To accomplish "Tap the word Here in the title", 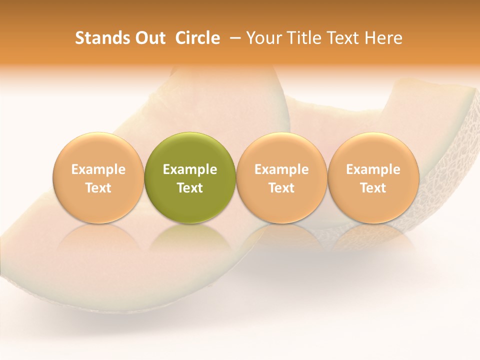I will pos(383,38).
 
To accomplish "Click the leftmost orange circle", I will pos(98,150).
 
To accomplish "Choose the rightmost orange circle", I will pos(373,150).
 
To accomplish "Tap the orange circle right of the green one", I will pos(281,150).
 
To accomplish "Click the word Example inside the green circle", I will pos(190,169).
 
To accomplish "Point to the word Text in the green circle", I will pos(190,188).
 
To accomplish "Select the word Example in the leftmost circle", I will pos(98,169).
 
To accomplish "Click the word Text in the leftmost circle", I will pos(98,188).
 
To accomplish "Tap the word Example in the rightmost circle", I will pos(373,169).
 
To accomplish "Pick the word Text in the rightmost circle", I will pos(373,188).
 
